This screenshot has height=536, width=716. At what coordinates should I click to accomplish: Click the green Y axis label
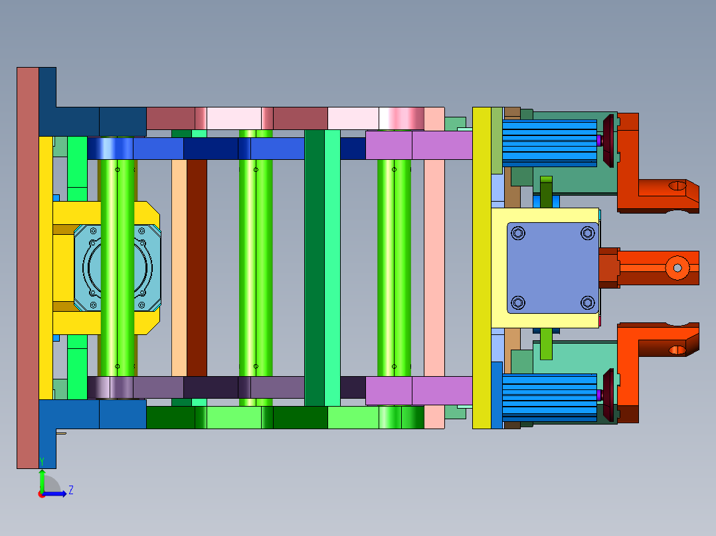tap(42, 462)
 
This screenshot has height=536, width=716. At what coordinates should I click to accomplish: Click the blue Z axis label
tap(71, 490)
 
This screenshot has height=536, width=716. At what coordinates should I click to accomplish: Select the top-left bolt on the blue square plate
tap(518, 234)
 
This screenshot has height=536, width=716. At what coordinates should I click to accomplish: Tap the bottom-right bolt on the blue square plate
tap(588, 302)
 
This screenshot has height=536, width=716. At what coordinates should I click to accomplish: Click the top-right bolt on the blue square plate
tap(588, 234)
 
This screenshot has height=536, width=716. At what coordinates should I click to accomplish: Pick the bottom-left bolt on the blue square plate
tap(518, 302)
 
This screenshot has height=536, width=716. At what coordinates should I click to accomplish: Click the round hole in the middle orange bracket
tap(677, 268)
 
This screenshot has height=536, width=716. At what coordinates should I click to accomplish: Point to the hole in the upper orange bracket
tap(677, 186)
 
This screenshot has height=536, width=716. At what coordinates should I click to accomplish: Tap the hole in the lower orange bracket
tap(677, 350)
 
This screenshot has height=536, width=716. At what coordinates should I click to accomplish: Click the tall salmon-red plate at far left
tap(28, 268)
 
